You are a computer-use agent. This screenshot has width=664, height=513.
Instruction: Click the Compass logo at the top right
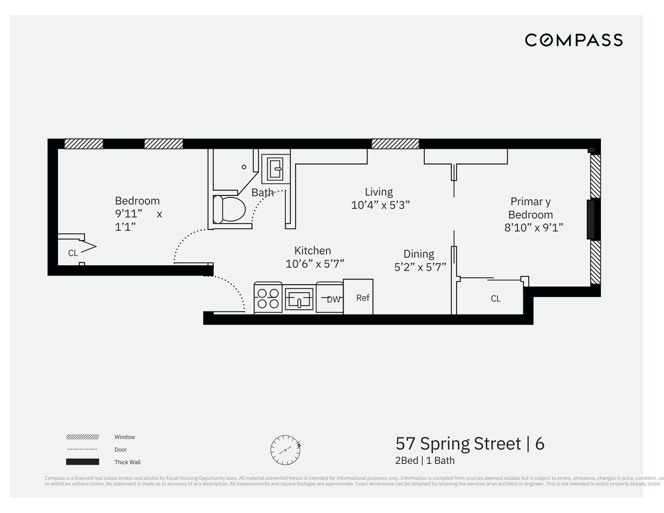pos(573,40)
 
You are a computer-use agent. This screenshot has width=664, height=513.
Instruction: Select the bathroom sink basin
pos(276,168)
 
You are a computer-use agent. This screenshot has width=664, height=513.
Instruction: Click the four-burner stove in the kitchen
pos(268,299)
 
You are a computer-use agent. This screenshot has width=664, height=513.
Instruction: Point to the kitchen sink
pos(299,299)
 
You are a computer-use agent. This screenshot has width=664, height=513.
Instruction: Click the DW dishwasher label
pos(333,299)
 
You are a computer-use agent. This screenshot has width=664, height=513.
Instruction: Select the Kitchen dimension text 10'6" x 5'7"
pos(315,264)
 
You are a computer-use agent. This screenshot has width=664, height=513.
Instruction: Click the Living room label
pos(379,192)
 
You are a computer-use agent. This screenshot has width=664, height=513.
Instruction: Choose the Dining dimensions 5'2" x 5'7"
pos(420,267)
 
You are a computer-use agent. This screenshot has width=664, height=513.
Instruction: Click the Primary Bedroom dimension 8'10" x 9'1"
pos(534,228)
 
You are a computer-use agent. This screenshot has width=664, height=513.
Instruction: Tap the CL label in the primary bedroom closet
pos(495,299)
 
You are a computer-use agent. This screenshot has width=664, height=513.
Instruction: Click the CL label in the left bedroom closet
pos(73,253)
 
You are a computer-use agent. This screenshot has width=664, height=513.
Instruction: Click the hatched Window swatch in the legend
pos(83,437)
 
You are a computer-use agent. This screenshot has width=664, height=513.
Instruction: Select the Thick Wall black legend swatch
pos(83,462)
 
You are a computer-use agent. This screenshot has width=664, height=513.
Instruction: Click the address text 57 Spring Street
pos(458,444)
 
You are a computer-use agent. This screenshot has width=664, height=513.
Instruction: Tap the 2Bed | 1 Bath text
pos(425,461)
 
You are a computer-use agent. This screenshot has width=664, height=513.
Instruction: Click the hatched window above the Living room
pos(395,144)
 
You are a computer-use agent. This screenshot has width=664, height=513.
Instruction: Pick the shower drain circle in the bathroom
pos(244,167)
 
